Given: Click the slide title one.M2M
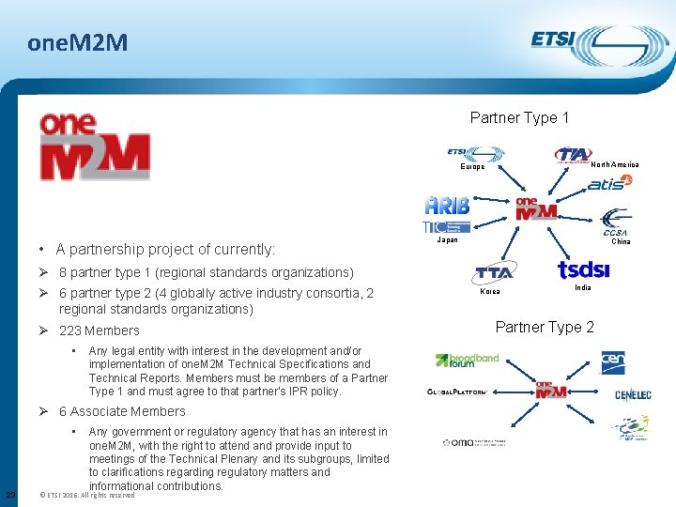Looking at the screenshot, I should tap(78, 42).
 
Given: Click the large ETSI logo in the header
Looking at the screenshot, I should tap(587, 42).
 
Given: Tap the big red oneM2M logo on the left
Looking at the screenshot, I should tap(94, 147).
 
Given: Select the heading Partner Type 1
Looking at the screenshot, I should tap(519, 118).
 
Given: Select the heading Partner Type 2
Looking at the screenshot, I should tap(545, 327).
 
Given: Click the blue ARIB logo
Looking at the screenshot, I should tap(447, 206).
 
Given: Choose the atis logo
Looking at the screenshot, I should tap(610, 183).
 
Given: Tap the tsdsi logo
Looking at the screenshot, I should tap(583, 269).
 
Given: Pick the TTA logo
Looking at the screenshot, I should tap(494, 272).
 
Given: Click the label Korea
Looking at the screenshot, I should tap(490, 292).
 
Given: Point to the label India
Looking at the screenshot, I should tap(582, 287).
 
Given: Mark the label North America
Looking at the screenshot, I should tap(614, 165).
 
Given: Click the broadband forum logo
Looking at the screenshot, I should tap(467, 361).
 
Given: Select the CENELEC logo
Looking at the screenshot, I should tap(632, 395).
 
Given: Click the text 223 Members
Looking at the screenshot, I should tap(99, 330).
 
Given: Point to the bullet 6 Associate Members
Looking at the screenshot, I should tap(122, 411).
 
